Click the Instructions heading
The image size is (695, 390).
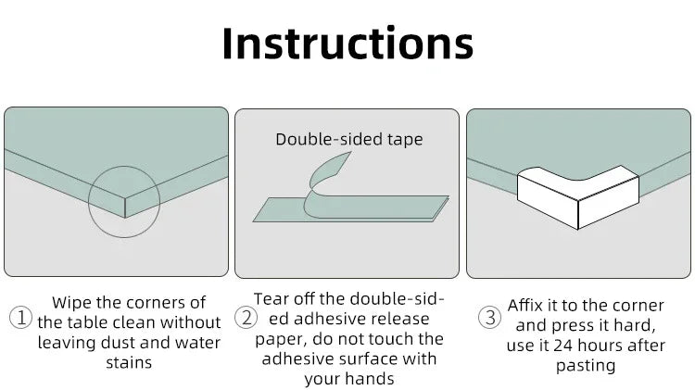347,44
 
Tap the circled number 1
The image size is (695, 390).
20,319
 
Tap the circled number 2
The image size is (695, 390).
246,319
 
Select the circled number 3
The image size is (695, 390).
490,319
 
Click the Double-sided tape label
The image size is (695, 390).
348,140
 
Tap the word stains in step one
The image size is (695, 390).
129,362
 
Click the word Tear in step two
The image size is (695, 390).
273,298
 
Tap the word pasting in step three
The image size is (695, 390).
586,366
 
